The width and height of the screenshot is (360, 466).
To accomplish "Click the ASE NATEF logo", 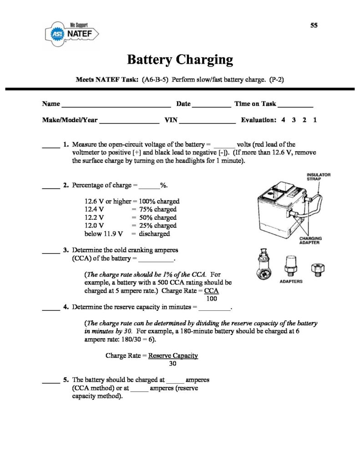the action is pyautogui.click(x=71, y=34).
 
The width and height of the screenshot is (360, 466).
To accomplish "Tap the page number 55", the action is pyautogui.click(x=314, y=25).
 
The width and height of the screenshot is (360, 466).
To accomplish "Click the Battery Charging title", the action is pyautogui.click(x=180, y=60).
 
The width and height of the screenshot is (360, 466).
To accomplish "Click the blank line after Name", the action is pyautogui.click(x=116, y=106).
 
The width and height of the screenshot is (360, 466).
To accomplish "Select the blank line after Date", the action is pyautogui.click(x=212, y=106).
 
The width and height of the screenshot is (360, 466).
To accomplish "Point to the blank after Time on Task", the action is pyautogui.click(x=295, y=106).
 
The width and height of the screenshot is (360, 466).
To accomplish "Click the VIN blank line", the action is pyautogui.click(x=208, y=123).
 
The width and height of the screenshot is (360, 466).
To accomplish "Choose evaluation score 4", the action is pyautogui.click(x=283, y=120).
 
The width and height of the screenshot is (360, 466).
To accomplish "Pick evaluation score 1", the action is pyautogui.click(x=315, y=120).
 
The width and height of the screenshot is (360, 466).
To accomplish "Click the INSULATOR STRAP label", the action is pyautogui.click(x=319, y=177).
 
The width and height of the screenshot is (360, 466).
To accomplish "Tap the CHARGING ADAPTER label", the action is pyautogui.click(x=310, y=240).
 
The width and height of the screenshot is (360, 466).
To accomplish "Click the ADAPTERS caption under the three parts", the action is pyautogui.click(x=291, y=281).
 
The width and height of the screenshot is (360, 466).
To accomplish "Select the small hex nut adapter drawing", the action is pyautogui.click(x=318, y=269).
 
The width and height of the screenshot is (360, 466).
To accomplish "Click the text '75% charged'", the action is pyautogui.click(x=158, y=209).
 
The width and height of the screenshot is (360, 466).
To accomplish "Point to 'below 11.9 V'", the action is pyautogui.click(x=103, y=233).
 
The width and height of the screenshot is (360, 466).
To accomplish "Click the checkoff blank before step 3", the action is pyautogui.click(x=51, y=253).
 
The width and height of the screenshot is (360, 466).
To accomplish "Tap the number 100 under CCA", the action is pyautogui.click(x=212, y=299).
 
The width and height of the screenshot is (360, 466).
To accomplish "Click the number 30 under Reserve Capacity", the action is pyautogui.click(x=172, y=364).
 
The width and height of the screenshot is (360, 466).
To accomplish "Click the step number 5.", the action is pyautogui.click(x=66, y=380).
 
